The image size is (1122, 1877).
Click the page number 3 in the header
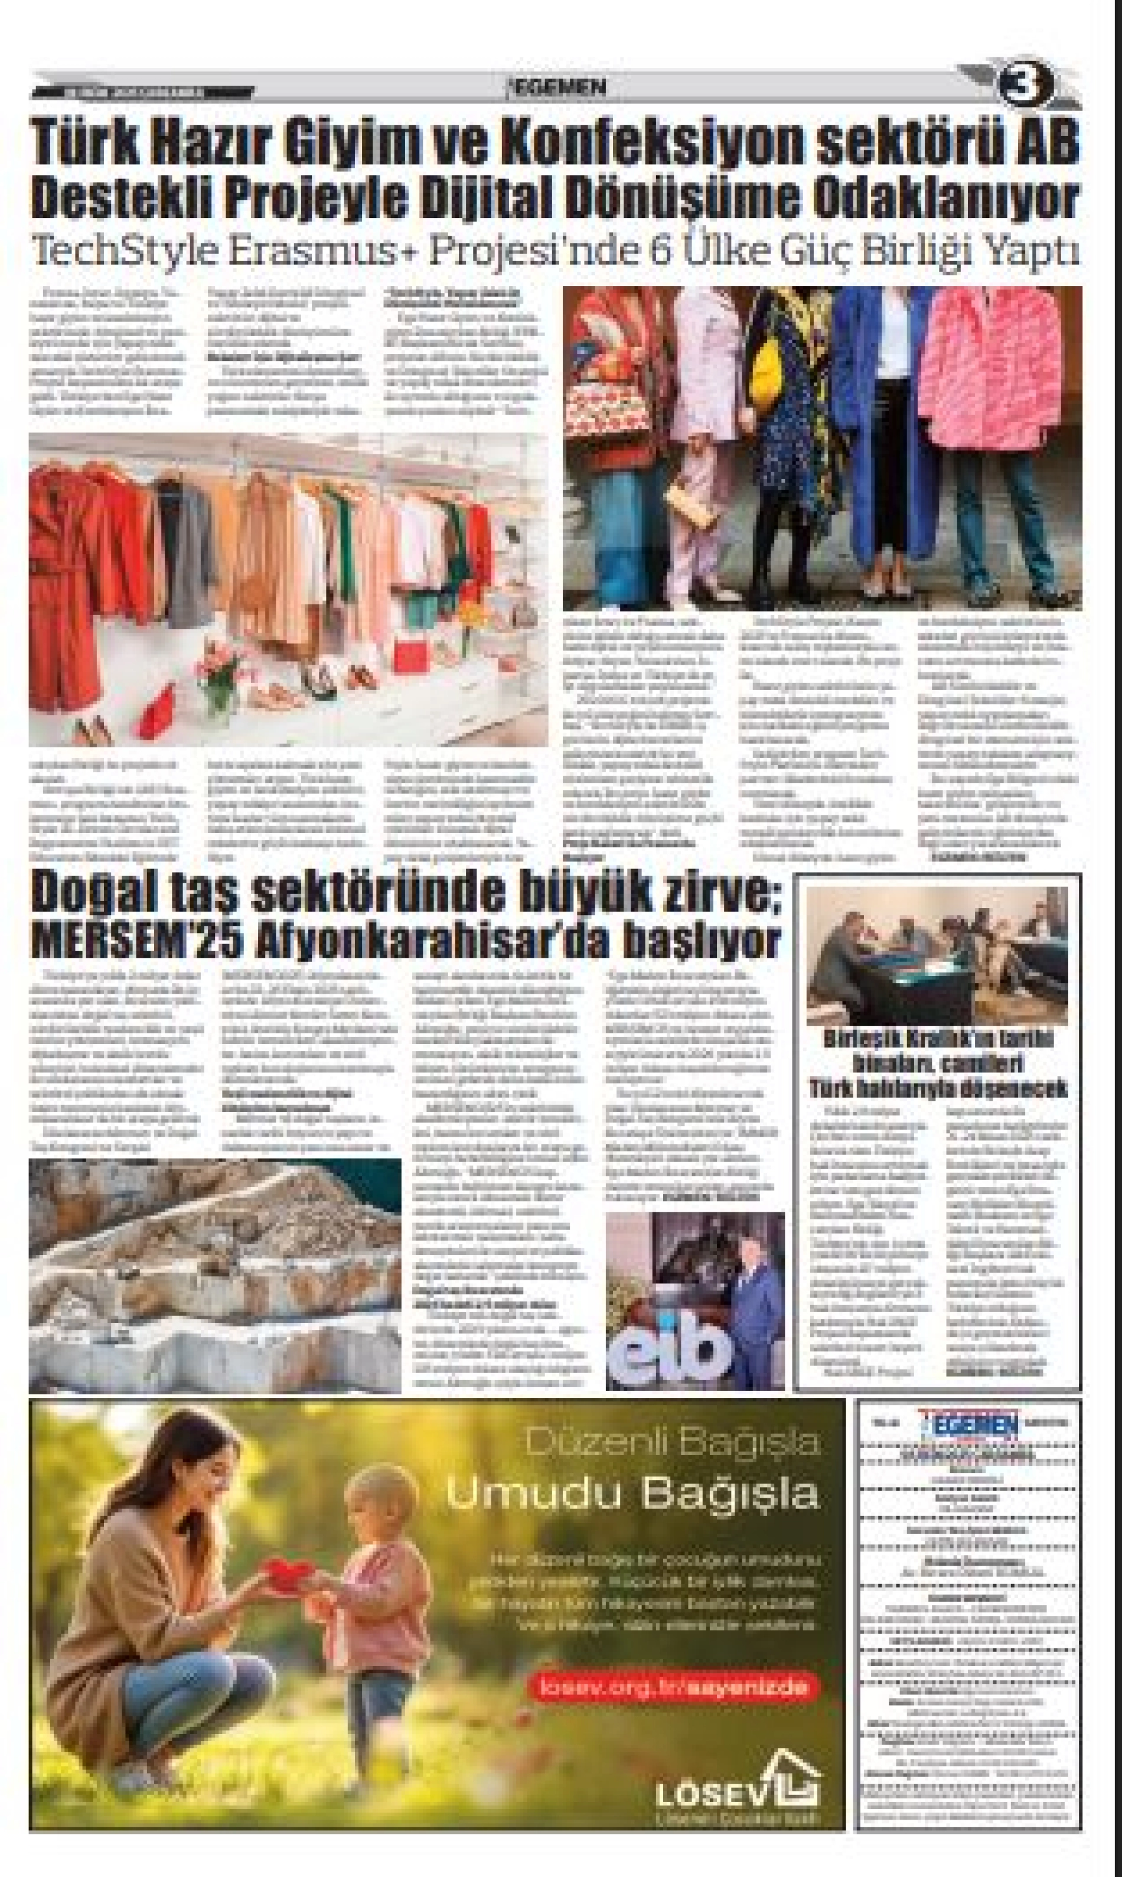[x=1028, y=86]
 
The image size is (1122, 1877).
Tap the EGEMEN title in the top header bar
[x=558, y=87]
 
